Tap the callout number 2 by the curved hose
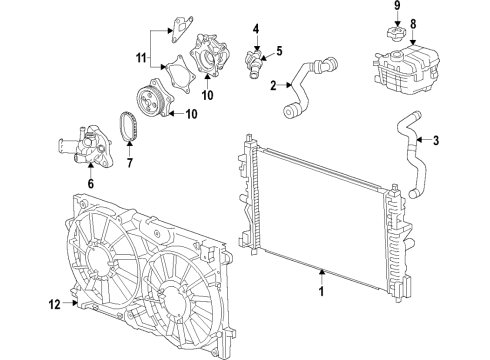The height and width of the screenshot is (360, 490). [272, 86]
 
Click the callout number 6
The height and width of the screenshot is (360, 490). [90, 184]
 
